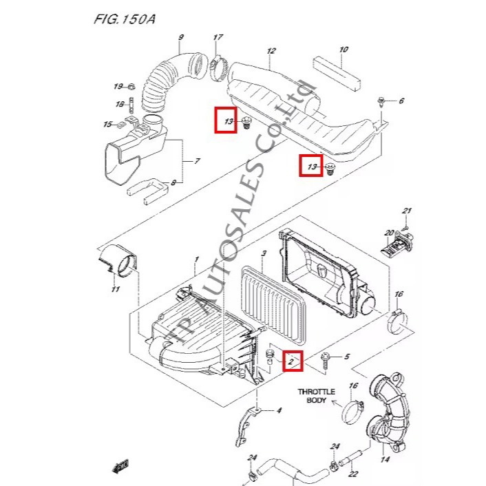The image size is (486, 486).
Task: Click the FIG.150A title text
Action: tap(125, 19)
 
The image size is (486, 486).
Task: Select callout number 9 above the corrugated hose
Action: tap(181, 37)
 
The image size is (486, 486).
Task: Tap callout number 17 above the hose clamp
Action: tap(218, 37)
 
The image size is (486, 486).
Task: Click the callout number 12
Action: tap(271, 51)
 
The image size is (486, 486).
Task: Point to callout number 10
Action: tap(344, 50)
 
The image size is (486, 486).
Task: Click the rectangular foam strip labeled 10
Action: tap(337, 73)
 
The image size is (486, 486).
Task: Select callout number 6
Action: tap(401, 101)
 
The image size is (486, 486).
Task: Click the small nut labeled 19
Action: tap(131, 86)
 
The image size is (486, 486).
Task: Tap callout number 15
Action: tap(107, 125)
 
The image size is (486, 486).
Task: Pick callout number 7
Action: tap(197, 161)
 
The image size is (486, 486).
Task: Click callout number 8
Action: tap(173, 183)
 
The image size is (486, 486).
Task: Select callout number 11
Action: tap(115, 289)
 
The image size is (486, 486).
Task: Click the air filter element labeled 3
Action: tap(273, 308)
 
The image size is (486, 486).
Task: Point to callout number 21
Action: tap(407, 211)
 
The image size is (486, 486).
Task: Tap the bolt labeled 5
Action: tap(325, 361)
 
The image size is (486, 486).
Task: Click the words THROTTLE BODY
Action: tap(317, 396)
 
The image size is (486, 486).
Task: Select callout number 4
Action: tap(279, 411)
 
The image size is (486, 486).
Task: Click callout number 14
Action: tap(385, 459)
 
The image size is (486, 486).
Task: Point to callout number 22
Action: tap(353, 474)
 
